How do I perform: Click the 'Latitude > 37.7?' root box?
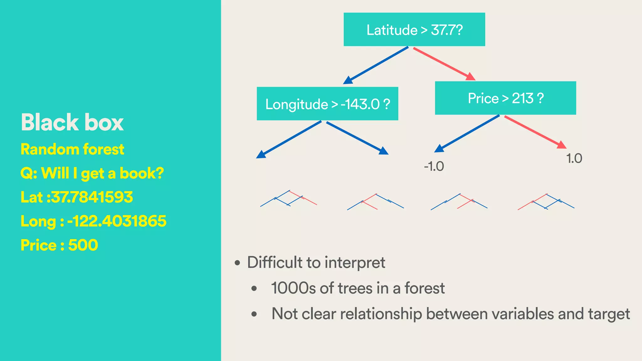click(414, 29)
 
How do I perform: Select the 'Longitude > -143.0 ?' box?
click(327, 104)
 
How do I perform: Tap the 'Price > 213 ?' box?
click(505, 98)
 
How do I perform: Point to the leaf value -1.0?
click(434, 166)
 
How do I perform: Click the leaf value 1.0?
click(574, 158)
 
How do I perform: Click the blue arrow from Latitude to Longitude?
click(376, 65)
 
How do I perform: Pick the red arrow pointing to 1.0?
click(535, 132)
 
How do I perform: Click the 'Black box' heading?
click(72, 122)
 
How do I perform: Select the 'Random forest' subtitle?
click(72, 149)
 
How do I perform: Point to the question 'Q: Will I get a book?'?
click(92, 173)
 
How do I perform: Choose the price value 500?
click(83, 245)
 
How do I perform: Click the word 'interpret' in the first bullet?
click(355, 262)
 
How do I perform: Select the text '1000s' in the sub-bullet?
click(293, 288)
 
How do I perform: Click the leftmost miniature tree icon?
click(288, 199)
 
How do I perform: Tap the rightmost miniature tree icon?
click(546, 202)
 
